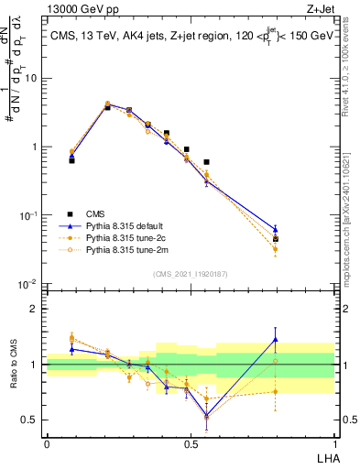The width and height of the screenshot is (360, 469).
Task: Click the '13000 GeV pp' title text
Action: coord(80,9)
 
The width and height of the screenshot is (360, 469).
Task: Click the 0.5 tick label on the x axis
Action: coord(190,444)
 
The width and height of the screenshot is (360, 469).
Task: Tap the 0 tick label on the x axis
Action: coord(47,444)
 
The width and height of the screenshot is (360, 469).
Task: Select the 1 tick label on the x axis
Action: coord(334,444)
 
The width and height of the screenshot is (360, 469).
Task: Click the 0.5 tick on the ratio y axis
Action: coord(32,420)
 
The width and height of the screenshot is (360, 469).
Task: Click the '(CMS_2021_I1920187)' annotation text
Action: coord(190,273)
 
